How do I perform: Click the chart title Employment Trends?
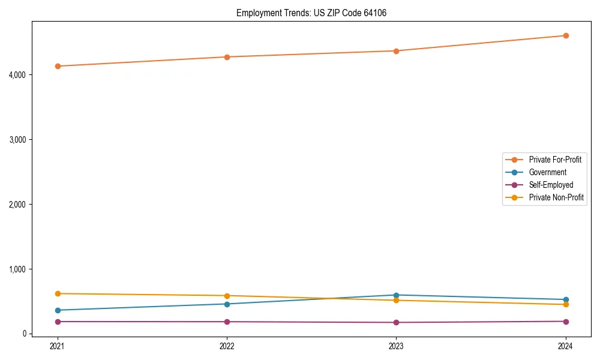pos(311,13)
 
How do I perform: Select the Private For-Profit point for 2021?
pos(58,66)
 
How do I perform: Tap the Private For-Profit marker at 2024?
pos(566,36)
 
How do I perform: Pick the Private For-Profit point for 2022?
pos(227,57)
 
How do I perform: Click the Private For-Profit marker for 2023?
pos(397,51)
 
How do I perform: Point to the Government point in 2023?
pos(397,295)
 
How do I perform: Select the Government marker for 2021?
pos(58,310)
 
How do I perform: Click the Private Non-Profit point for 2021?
pos(58,293)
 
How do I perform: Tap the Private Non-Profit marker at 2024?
pos(566,304)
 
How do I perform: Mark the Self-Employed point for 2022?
pos(227,322)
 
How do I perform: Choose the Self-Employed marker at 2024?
pos(566,322)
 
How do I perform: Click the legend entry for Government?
pos(547,172)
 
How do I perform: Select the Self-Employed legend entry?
pos(551,185)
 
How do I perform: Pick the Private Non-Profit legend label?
pos(556,197)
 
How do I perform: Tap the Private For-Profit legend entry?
pos(554,160)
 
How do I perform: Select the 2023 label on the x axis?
pos(397,346)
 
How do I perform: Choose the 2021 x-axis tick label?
pos(58,346)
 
